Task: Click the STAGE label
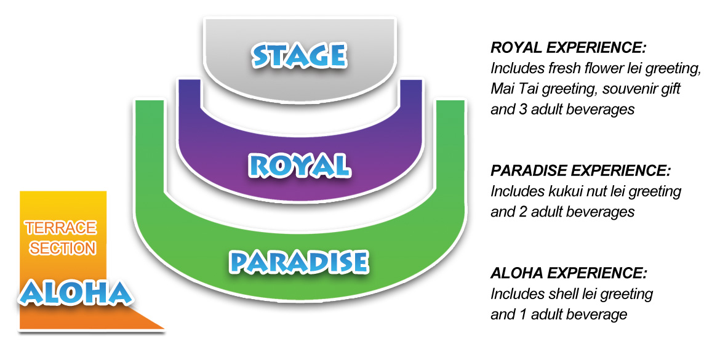299,55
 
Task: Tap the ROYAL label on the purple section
298,166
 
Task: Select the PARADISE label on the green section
298,262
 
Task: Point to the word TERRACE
61,227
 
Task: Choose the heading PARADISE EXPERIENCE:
581,171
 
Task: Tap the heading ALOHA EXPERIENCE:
569,274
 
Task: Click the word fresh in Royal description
559,69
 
